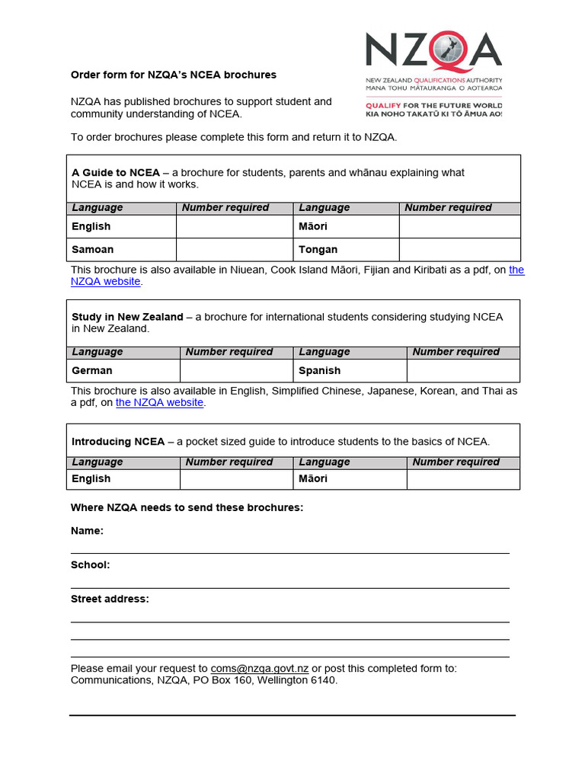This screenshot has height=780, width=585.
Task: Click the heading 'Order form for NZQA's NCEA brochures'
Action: tap(174, 75)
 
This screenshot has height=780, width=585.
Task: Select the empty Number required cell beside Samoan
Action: tap(235, 249)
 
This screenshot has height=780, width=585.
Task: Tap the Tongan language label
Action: tap(318, 249)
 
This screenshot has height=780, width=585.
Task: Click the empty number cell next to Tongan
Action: tap(459, 249)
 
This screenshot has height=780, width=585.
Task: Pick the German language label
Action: tap(92, 370)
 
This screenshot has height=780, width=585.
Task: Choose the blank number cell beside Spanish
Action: tap(463, 370)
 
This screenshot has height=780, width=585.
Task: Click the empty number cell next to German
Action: tap(236, 370)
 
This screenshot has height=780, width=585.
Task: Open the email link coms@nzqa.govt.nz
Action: tap(260, 668)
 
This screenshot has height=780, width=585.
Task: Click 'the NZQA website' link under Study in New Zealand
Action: tap(159, 402)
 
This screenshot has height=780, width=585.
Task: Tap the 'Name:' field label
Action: tap(87, 530)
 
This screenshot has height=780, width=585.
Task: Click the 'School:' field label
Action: tap(90, 564)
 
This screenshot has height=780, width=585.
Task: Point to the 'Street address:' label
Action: tap(110, 599)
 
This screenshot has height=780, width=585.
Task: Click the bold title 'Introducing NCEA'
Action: tap(117, 441)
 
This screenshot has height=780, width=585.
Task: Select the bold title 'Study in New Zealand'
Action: tap(127, 316)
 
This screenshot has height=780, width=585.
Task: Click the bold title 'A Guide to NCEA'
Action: tap(116, 172)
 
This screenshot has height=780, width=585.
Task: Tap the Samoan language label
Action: tap(92, 249)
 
